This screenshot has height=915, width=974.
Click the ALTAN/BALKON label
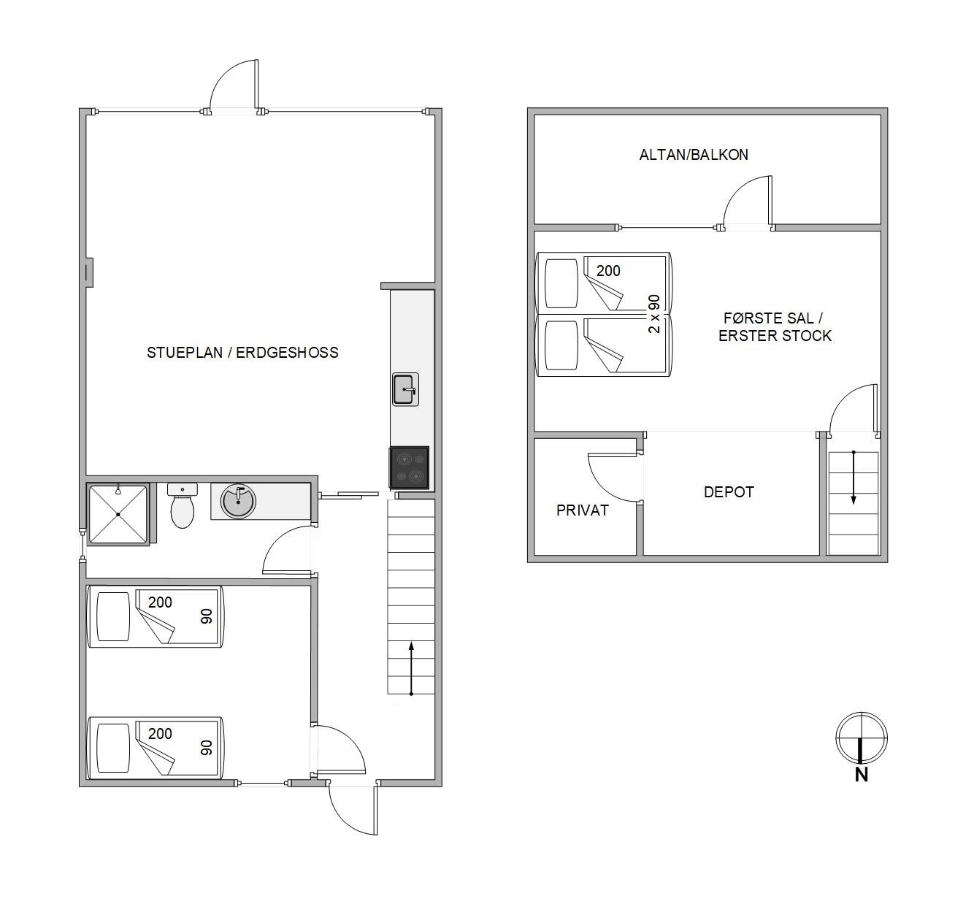(x=694, y=155)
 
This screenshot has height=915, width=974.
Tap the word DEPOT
(x=728, y=492)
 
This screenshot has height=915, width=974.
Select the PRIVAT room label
(x=582, y=510)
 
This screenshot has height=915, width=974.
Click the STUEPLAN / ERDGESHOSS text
(x=242, y=353)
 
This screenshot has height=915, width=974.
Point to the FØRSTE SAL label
(x=768, y=318)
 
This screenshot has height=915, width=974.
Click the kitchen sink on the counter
(x=405, y=389)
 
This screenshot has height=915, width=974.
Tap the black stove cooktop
(x=409, y=468)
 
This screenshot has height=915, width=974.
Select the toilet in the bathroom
(x=183, y=505)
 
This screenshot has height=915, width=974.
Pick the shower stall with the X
(x=118, y=514)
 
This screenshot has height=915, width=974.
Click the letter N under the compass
(x=862, y=775)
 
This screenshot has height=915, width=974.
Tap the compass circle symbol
(x=862, y=738)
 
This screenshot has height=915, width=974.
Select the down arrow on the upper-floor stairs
(x=854, y=478)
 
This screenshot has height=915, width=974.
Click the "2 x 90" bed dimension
(x=654, y=314)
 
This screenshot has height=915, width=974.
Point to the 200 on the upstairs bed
(x=608, y=271)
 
